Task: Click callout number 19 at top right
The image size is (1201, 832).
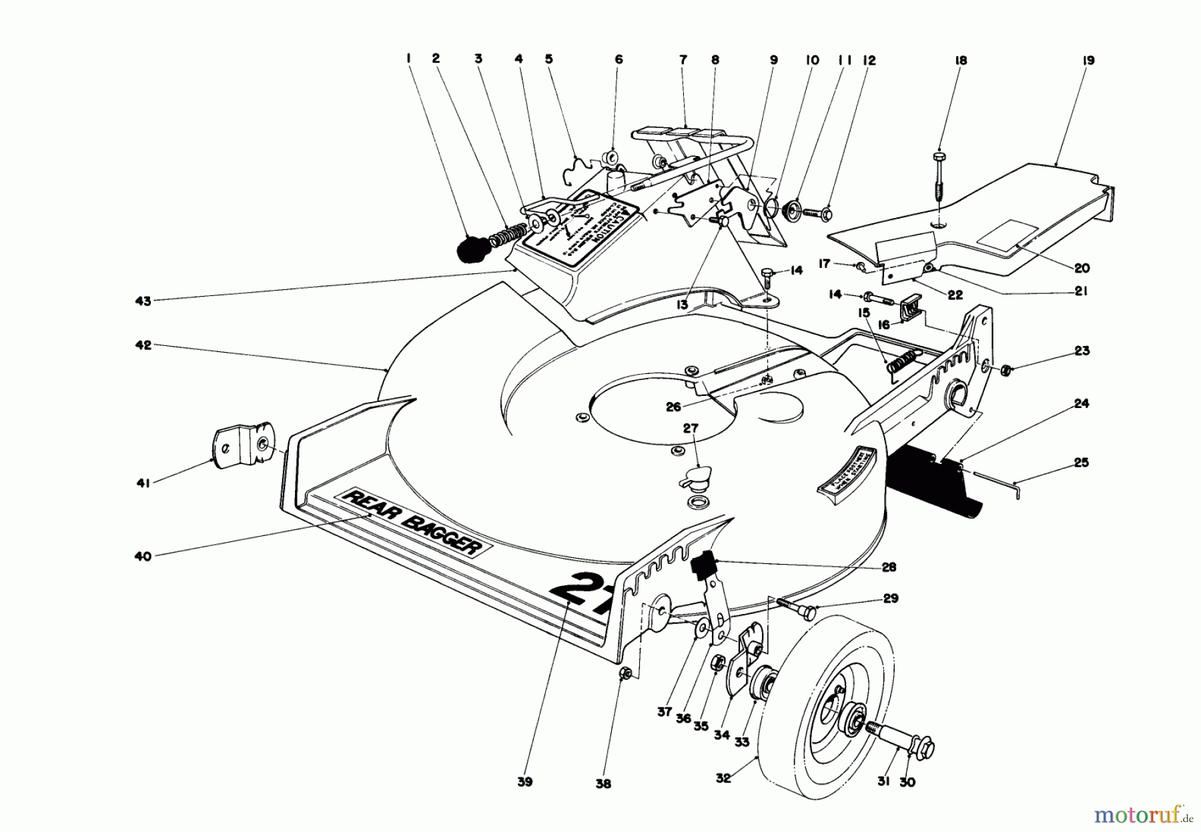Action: pyautogui.click(x=1089, y=61)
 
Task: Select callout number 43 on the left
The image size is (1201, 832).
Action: pyautogui.click(x=143, y=301)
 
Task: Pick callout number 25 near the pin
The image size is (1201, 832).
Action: pyautogui.click(x=1081, y=462)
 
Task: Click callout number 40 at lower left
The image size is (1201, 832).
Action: pyautogui.click(x=143, y=555)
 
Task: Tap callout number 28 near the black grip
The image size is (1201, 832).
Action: pyautogui.click(x=888, y=567)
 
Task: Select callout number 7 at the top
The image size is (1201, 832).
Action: pyautogui.click(x=683, y=60)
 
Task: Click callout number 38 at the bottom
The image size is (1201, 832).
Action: pyautogui.click(x=603, y=785)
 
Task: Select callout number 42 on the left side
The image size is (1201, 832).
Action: pyautogui.click(x=143, y=345)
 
